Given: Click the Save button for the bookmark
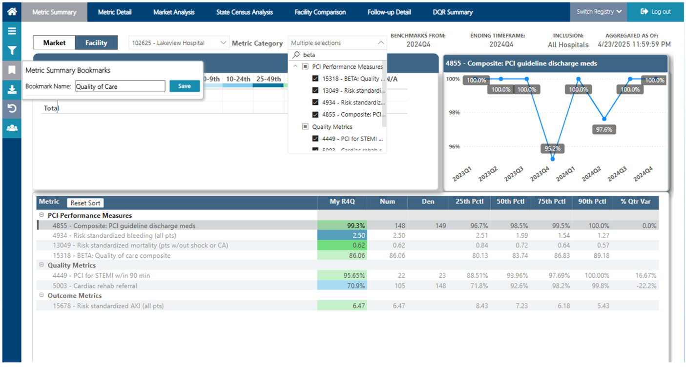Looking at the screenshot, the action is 185,86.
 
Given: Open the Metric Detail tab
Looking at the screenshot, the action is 115,12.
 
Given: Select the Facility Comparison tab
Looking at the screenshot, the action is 320,12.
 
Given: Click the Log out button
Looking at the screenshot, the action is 655,12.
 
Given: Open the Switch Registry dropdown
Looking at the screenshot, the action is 599,12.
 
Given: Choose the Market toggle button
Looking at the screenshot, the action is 54,42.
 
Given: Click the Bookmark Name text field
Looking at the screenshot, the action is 121,86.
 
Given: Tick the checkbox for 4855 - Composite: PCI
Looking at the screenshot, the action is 315,115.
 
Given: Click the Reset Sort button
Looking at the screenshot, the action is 85,203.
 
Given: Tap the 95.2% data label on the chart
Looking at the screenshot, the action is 553,148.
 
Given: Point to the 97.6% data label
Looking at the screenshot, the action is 604,129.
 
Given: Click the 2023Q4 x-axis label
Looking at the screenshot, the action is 540,174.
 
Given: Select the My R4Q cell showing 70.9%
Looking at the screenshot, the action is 342,286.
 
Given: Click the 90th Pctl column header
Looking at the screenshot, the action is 592,202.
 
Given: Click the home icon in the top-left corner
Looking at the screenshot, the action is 12,12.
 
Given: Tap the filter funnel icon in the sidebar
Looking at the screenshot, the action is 12,51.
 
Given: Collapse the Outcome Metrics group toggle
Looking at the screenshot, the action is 42,295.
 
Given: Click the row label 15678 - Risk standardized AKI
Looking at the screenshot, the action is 108,306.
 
